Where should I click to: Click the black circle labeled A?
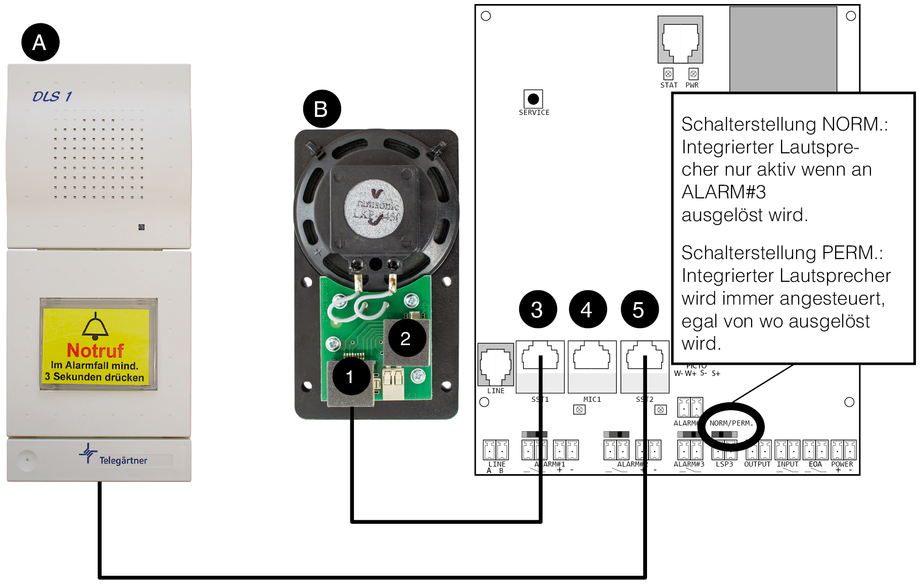[x=40, y=43]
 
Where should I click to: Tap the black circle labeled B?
[x=322, y=109]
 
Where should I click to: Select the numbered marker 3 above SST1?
[x=538, y=309]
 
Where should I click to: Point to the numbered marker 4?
[x=587, y=309]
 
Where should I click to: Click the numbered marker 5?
[x=639, y=309]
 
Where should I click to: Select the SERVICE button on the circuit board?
[x=533, y=98]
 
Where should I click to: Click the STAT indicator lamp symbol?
[x=668, y=74]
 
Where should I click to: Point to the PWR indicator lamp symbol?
[x=693, y=74]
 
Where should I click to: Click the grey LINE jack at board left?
[x=495, y=364]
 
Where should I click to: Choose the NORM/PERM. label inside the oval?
[x=730, y=423]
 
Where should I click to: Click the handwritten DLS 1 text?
[x=53, y=96]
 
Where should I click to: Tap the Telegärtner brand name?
[x=123, y=460]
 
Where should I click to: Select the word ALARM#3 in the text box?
[x=723, y=192]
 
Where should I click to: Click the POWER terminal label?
[x=842, y=464]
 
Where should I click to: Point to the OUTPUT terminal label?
[x=757, y=464]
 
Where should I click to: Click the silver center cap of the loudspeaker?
[x=374, y=208]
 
